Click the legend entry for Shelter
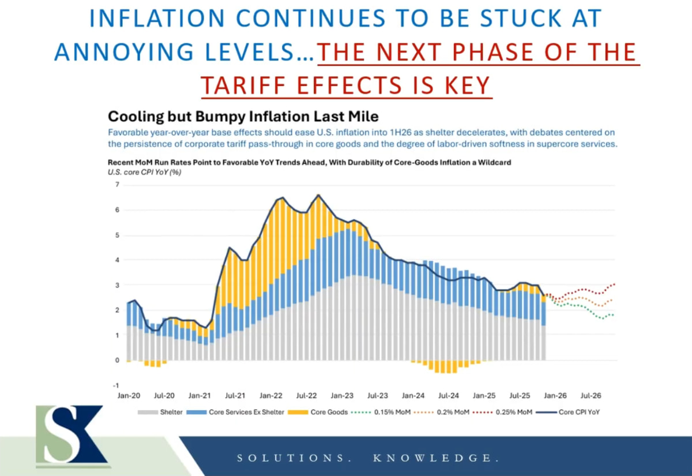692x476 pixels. [163, 412]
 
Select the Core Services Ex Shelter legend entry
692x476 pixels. [242, 412]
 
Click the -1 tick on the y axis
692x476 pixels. [116, 385]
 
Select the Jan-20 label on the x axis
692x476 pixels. [129, 396]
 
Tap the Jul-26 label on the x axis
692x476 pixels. [591, 396]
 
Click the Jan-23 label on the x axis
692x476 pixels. [342, 396]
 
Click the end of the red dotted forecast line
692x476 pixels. [615, 284]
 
